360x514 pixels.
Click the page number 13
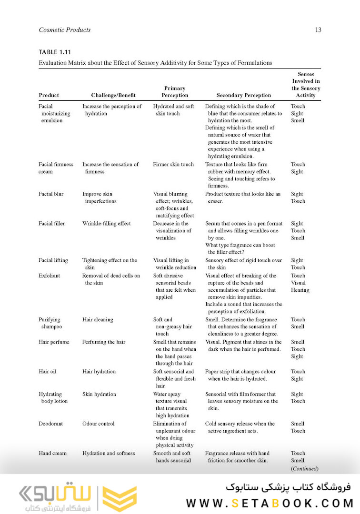click(x=318, y=30)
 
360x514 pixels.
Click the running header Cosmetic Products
click(x=65, y=30)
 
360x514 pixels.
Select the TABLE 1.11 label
click(x=55, y=52)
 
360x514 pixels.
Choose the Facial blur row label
click(x=51, y=194)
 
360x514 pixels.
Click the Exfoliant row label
click(x=50, y=276)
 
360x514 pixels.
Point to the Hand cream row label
click(x=52, y=453)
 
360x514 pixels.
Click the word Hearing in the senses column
click(x=300, y=290)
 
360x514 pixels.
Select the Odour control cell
click(x=99, y=424)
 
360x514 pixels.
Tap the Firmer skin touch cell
click(x=173, y=165)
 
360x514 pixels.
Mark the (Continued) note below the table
click(x=304, y=468)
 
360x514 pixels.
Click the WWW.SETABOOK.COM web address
click(x=270, y=503)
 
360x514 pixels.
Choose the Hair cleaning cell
click(x=98, y=320)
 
